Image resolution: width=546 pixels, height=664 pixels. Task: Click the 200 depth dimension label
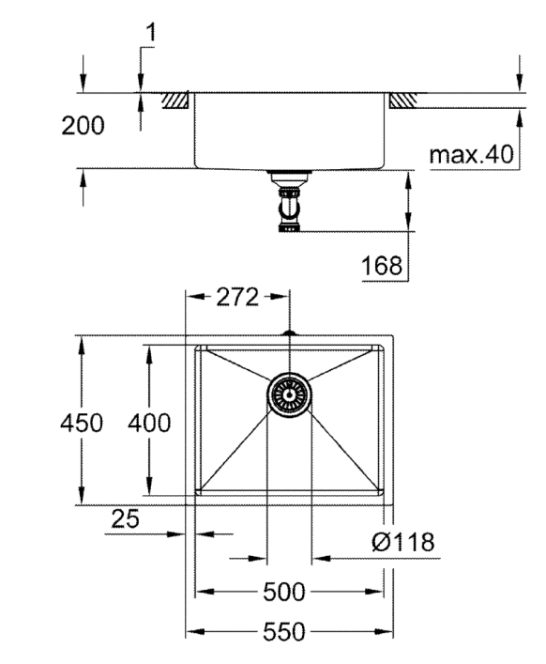pos(83,126)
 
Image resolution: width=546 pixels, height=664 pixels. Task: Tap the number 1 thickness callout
pos(150,33)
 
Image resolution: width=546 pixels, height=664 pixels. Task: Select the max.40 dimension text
pos(471,155)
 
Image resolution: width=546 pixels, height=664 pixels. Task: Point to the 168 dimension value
pos(382,266)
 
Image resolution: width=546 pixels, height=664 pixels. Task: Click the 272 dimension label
pos(237,297)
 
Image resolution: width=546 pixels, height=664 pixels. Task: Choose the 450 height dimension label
pos(82,423)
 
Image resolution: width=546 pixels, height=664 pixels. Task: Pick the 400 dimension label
pos(149,423)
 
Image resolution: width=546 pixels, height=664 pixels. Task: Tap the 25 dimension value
pos(125,518)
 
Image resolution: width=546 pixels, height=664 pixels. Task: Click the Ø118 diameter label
pos(403,542)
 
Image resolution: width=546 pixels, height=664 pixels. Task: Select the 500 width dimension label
pos(283,592)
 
